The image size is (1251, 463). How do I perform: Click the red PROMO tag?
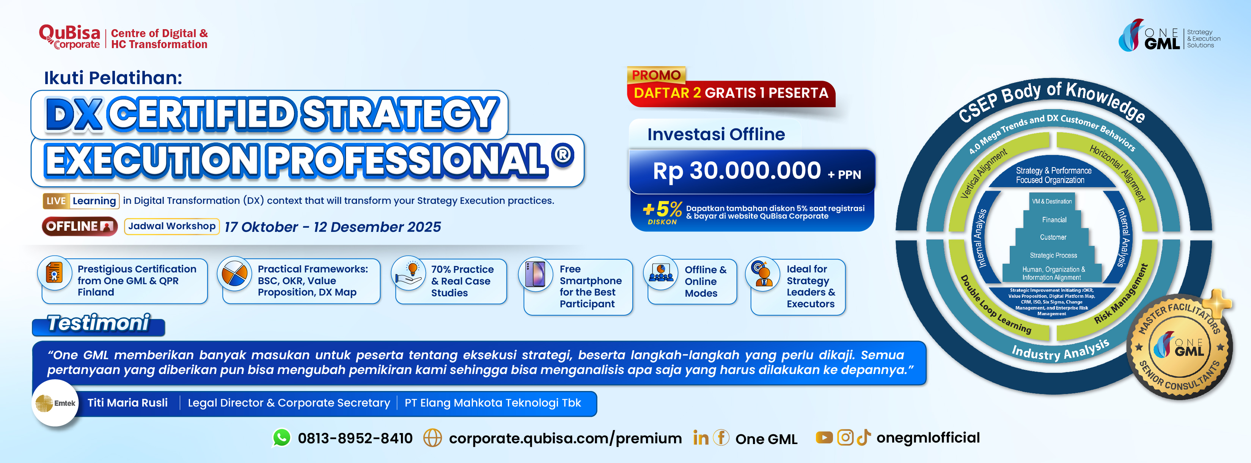656,75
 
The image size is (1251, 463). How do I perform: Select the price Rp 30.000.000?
736,171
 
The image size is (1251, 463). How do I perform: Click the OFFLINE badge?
80,226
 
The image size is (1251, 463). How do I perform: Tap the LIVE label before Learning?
56,201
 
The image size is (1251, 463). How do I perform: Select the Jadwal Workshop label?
172,226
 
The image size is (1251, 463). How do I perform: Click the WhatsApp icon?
282,438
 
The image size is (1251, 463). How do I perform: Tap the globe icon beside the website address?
432,438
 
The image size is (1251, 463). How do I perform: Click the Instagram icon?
845,438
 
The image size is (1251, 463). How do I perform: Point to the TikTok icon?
863,438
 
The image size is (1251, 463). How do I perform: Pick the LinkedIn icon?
700,438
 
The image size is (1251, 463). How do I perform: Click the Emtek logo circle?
55,403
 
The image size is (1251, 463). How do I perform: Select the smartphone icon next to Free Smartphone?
536,274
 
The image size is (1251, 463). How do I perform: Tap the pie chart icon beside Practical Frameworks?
234,274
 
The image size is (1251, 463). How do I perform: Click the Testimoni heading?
99,323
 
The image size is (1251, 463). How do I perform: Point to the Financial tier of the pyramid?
1054,220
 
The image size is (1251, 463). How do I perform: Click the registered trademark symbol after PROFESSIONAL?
563,155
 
